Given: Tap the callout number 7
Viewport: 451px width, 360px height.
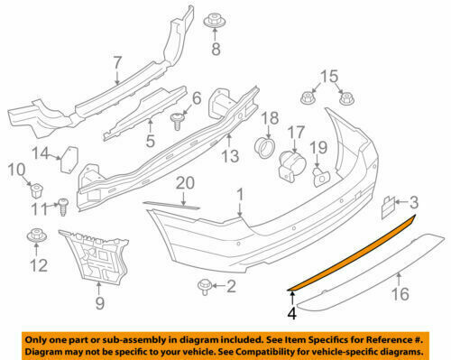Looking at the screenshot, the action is (x=116, y=62).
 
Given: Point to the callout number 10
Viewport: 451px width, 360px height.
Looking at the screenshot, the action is (x=15, y=170).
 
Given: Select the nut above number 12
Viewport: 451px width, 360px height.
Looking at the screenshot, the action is (x=37, y=237).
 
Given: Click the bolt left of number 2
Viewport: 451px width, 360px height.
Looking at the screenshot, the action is (x=204, y=288).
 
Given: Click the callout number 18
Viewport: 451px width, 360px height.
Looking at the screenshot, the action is (x=268, y=118).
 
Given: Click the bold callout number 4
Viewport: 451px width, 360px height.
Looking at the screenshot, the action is (x=291, y=315).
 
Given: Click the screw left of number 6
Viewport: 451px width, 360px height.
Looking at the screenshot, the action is (x=178, y=118).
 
